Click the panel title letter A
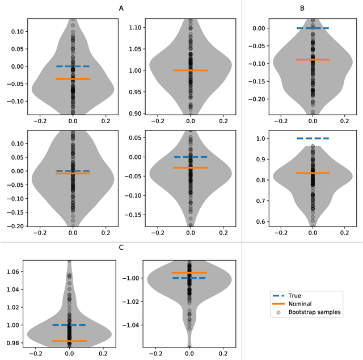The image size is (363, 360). (121, 9)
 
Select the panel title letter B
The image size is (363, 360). (302, 9)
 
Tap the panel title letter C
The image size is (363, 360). (121, 248)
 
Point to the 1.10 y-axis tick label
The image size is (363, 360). (136, 27)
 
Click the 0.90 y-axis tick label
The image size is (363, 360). (136, 114)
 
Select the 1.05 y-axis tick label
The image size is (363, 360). (136, 49)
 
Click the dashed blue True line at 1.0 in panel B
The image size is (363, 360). (313, 138)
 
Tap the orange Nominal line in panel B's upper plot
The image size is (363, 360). (313, 60)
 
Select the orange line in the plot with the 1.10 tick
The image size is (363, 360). (191, 70)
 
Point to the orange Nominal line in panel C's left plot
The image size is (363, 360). (69, 341)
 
